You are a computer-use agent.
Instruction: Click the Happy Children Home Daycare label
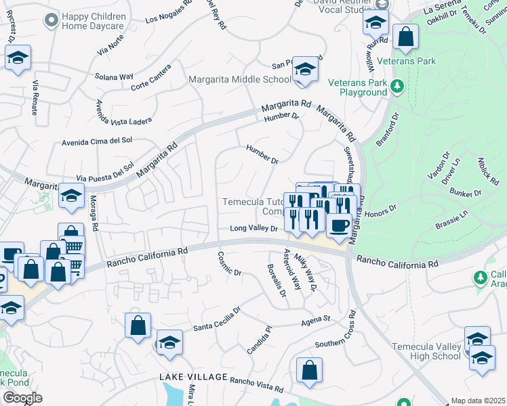point(94,22)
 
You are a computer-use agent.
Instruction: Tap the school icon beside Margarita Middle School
point(306,70)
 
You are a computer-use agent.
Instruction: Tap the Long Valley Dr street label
point(254,229)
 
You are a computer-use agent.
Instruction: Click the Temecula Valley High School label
point(427,351)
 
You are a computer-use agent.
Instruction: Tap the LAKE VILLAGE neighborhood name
point(189,376)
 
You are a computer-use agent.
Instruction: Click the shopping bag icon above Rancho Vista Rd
point(309,370)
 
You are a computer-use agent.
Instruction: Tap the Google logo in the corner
point(22,398)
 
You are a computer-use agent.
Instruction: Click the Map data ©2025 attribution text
point(478,401)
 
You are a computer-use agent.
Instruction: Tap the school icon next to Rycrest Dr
point(18,58)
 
